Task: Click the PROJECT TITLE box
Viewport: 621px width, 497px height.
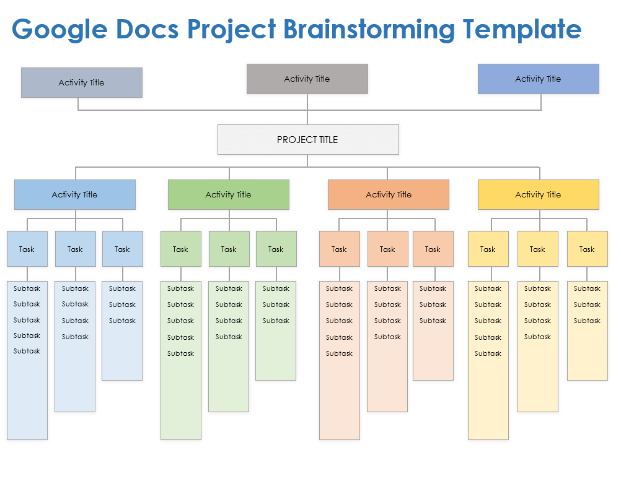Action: click(x=308, y=140)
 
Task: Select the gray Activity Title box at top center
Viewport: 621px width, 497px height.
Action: click(x=307, y=79)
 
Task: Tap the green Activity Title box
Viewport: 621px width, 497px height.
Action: click(x=228, y=195)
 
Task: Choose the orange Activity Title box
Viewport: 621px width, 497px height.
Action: click(x=388, y=195)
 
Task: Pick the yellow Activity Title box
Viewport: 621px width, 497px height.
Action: click(x=538, y=195)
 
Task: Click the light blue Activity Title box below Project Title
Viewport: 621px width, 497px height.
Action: click(x=75, y=195)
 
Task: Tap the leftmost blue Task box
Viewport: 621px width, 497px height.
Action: click(x=27, y=249)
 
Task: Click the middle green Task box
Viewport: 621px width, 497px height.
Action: click(x=229, y=249)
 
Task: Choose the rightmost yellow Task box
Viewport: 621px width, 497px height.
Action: click(x=587, y=249)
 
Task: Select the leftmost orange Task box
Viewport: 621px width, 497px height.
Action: click(x=339, y=249)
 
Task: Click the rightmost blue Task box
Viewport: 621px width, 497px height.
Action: click(x=122, y=249)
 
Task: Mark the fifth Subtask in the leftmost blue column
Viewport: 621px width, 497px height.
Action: click(x=27, y=351)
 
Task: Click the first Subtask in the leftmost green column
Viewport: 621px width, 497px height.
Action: click(x=180, y=288)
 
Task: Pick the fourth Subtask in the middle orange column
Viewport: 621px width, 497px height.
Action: click(x=387, y=337)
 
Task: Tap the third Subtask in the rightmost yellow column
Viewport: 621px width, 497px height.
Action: click(x=587, y=321)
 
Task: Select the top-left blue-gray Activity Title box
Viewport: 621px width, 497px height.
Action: click(x=82, y=83)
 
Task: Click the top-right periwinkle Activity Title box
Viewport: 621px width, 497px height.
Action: click(x=538, y=79)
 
